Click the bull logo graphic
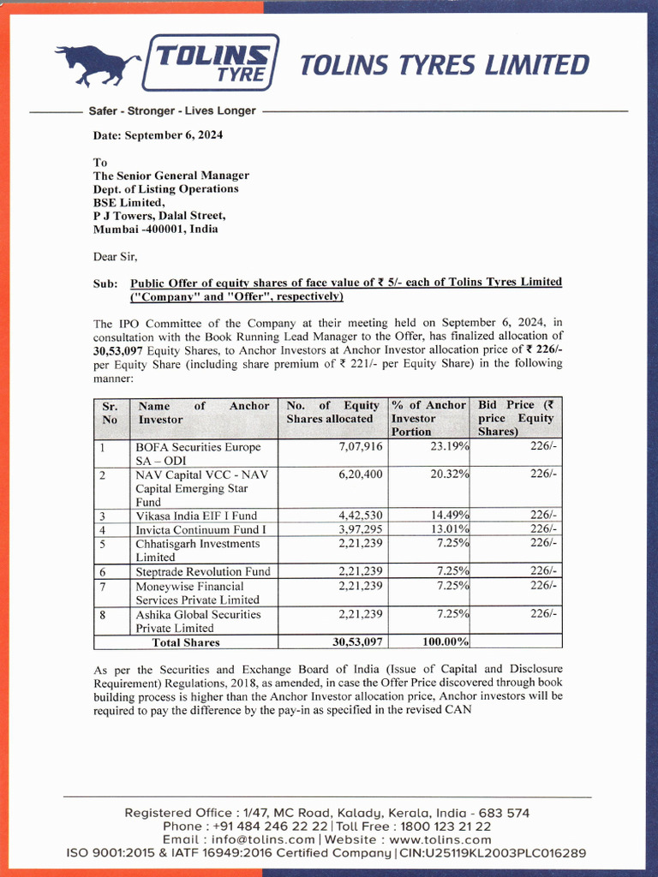[x=97, y=64]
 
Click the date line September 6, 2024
[x=159, y=134]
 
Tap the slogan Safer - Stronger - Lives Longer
[x=172, y=110]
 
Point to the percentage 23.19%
[x=449, y=447]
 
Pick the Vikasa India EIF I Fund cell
[x=196, y=516]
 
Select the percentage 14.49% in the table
[x=449, y=516]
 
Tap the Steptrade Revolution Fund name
[x=202, y=571]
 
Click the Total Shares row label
[x=186, y=642]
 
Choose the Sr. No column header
[x=111, y=412]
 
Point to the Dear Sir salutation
[x=115, y=256]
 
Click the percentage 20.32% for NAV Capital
[x=449, y=474]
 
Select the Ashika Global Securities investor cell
[x=198, y=621]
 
